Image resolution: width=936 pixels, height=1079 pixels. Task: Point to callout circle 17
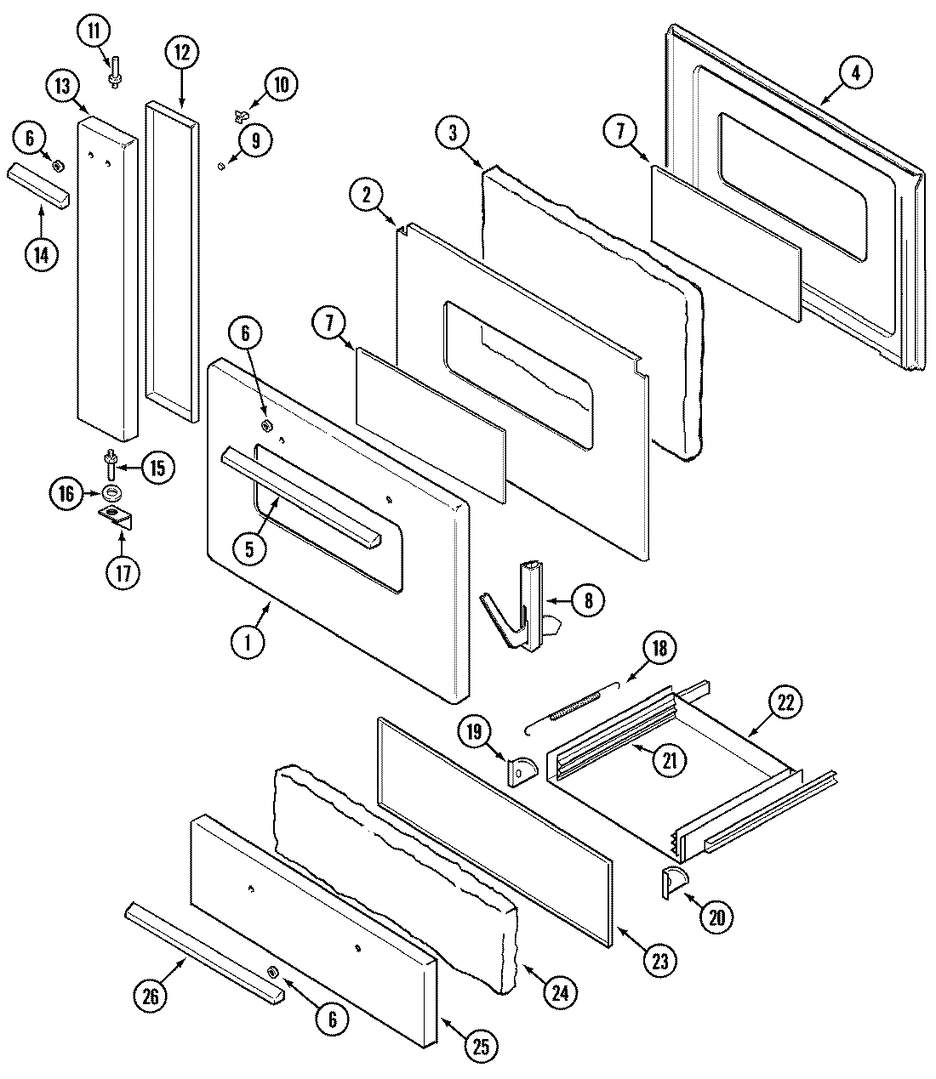pos(123,572)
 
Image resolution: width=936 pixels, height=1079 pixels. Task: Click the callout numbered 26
pos(151,996)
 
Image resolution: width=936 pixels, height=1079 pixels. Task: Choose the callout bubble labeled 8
pos(588,601)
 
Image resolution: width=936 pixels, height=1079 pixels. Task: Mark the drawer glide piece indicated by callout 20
pos(672,883)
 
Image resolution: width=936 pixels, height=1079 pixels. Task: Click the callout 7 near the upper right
pos(620,132)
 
